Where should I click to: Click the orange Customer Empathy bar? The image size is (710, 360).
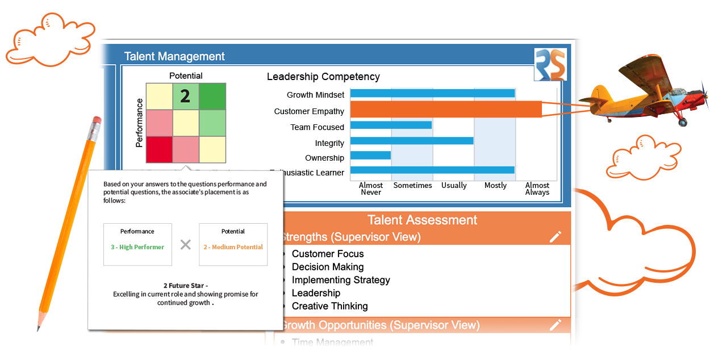[x=446, y=109]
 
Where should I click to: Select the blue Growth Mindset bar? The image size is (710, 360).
[x=432, y=93]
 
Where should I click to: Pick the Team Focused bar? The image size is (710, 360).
[x=391, y=125]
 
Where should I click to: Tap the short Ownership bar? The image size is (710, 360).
[x=370, y=155]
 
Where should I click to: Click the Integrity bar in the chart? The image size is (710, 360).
[x=412, y=140]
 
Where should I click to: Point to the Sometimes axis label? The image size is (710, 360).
[x=412, y=186]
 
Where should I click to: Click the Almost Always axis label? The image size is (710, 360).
[x=537, y=189]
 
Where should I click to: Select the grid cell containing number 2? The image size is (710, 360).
[x=185, y=96]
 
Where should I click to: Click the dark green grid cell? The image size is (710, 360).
[x=212, y=96]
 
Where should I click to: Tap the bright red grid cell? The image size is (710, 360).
[x=158, y=149]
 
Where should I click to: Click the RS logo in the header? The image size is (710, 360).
[x=550, y=65]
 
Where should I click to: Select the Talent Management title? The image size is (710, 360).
[x=174, y=57]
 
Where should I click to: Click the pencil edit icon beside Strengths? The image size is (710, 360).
[x=555, y=237]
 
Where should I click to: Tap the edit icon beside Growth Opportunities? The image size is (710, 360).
[x=555, y=325]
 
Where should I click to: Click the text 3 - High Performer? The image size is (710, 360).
[x=137, y=248]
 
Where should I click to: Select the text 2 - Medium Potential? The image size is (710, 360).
[x=233, y=248]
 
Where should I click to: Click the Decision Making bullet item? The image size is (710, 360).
[x=327, y=267]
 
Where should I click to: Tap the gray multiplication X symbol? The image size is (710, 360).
[x=185, y=245]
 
